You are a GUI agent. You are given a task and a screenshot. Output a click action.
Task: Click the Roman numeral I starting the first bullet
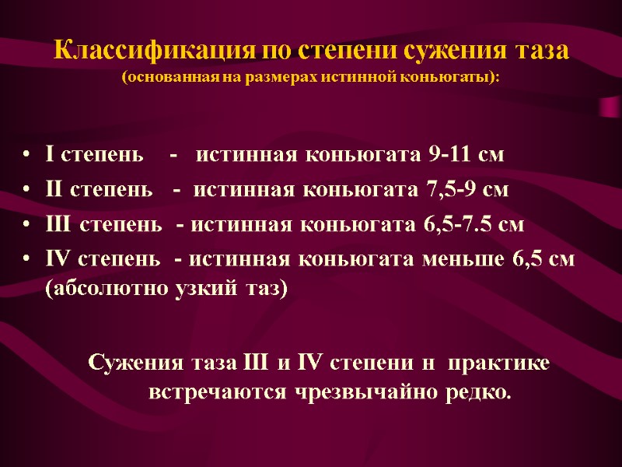[x=50, y=156]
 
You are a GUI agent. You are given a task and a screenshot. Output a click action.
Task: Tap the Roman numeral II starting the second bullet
[x=54, y=191]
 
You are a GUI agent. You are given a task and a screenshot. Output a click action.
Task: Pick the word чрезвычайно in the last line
[x=365, y=392]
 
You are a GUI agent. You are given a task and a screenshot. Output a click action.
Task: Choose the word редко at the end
[x=473, y=392]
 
